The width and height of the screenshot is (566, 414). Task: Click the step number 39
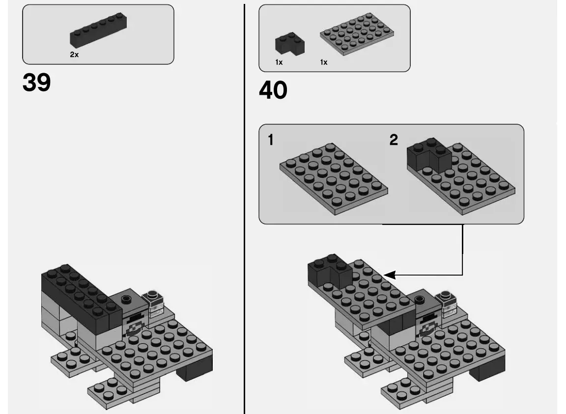tap(36, 83)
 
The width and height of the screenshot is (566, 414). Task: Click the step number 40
tap(273, 90)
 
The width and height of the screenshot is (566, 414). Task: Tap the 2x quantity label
tap(74, 55)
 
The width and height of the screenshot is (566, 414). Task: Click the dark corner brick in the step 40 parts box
tap(289, 43)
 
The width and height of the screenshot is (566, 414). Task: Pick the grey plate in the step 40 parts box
tap(357, 34)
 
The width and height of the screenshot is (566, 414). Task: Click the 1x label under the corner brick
tap(279, 62)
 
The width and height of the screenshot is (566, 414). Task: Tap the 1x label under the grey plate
tap(323, 62)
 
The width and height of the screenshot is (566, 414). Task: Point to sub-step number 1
tap(271, 140)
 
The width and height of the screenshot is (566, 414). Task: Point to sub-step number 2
tap(394, 140)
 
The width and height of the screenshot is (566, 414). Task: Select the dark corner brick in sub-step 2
tap(429, 156)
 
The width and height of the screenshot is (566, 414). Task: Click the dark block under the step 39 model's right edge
tap(195, 369)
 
